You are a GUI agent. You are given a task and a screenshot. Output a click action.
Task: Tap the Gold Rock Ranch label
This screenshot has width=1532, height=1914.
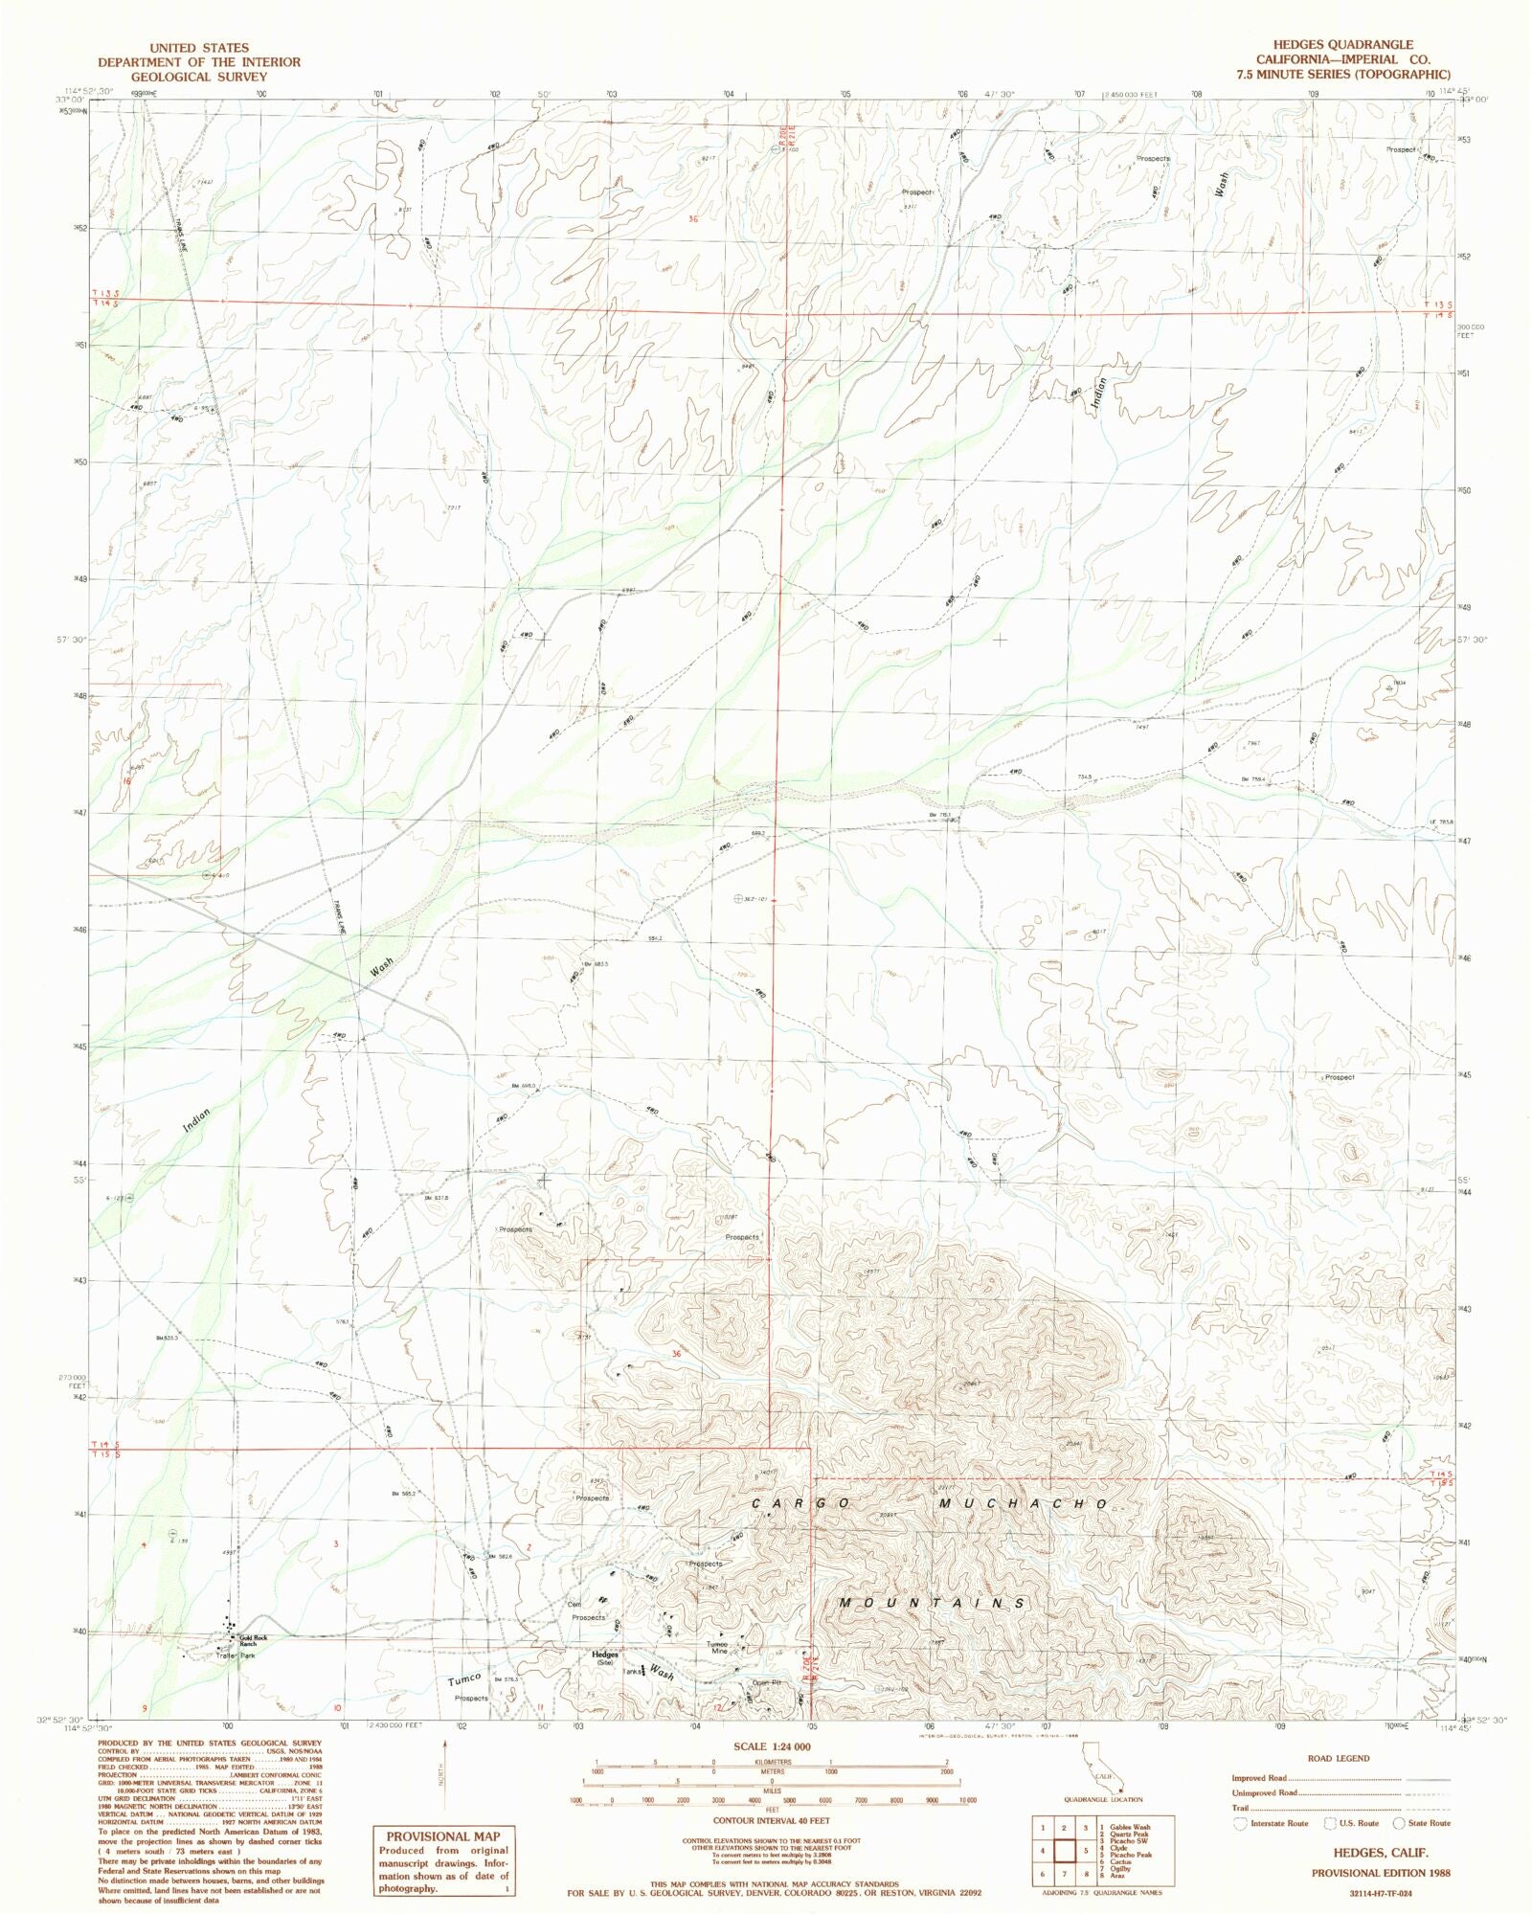tap(254, 1640)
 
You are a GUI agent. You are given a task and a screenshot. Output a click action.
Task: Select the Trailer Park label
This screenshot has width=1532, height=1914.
tap(236, 1655)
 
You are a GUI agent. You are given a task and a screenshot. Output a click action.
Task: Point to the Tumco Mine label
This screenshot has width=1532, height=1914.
tap(718, 1648)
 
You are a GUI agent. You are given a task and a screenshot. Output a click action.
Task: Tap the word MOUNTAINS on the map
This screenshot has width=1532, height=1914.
tap(932, 1603)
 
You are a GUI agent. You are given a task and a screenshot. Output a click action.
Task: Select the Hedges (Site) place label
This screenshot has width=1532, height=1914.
tap(604, 1658)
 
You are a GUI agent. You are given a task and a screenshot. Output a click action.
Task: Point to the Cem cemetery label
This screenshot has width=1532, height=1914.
tap(574, 1605)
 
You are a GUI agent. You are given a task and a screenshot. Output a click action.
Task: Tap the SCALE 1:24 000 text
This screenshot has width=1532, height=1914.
tap(772, 1745)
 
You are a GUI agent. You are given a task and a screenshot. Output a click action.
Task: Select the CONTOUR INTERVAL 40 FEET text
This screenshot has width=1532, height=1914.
tap(772, 1820)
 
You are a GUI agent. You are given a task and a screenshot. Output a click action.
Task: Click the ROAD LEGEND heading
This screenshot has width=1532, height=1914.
tap(1338, 1759)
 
